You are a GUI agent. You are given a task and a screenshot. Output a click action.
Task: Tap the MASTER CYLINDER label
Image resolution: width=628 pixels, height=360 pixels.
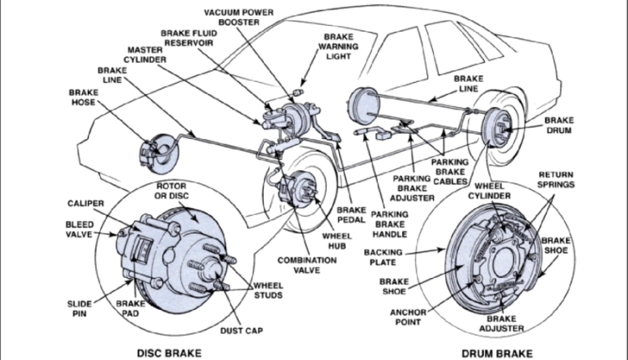click(147, 55)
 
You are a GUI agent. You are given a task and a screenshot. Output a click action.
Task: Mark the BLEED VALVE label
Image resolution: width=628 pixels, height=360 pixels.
click(80, 230)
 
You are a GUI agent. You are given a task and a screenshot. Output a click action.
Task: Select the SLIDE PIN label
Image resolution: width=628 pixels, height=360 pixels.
click(80, 308)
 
